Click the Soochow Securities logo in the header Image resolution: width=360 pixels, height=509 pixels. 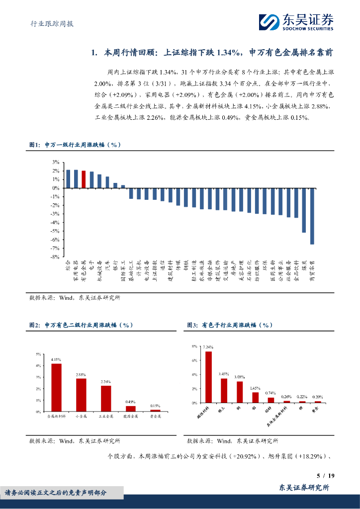[295, 22]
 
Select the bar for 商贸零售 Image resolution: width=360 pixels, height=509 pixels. [312, 216]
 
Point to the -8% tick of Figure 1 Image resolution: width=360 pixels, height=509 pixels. [55, 256]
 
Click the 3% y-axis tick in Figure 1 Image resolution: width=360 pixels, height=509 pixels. [56, 163]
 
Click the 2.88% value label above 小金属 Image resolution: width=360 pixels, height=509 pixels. [81, 374]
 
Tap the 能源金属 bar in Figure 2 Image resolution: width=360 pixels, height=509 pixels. [131, 409]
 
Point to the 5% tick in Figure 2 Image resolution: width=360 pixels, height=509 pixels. [38, 354]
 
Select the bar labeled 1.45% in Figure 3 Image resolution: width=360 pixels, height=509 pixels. [255, 397]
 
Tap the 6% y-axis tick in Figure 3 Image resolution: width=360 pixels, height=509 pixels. [194, 360]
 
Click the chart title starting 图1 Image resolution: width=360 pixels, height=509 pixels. [75, 145]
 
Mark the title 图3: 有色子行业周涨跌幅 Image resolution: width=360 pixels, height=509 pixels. [230, 325]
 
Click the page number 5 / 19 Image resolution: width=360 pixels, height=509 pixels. [325, 476]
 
